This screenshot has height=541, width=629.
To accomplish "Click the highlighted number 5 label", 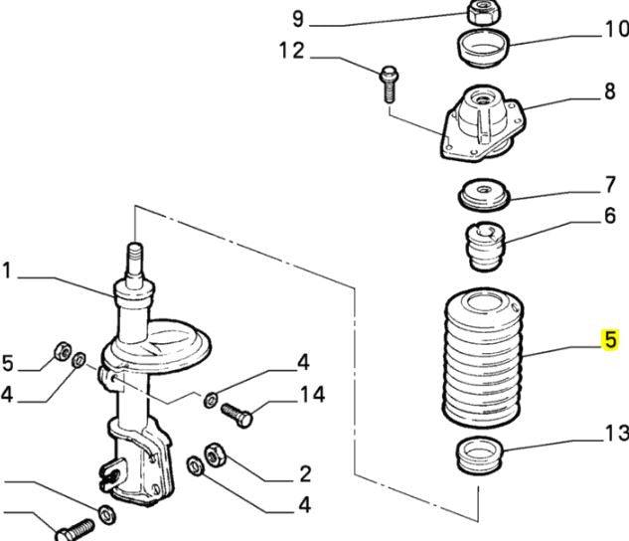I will point(610,340).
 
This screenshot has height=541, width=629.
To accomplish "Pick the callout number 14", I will point(312,395).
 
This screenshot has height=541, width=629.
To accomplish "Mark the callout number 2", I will point(305,472).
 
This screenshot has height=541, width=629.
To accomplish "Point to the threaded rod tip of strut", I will point(134,262).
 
